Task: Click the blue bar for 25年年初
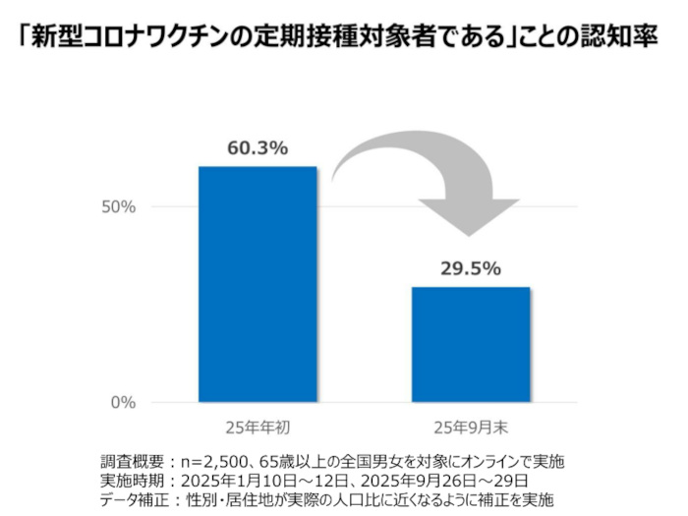tap(258, 284)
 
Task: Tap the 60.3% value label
tap(258, 149)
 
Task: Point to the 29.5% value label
tap(471, 268)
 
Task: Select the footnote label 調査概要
tap(133, 462)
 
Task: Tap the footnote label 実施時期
tap(133, 480)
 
